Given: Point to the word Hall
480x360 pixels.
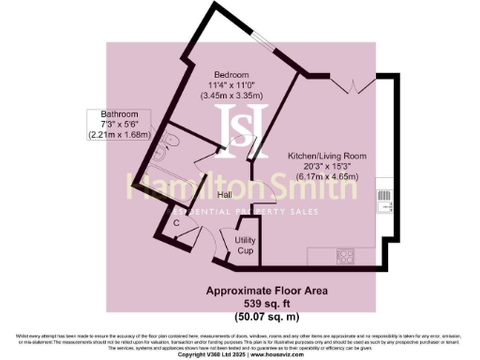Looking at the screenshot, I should (x=225, y=195).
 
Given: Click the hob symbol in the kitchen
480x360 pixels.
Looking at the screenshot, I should (x=344, y=253).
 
